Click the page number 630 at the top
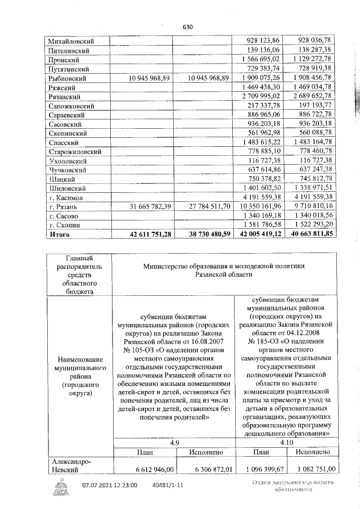click(188, 26)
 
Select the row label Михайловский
click(71, 41)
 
